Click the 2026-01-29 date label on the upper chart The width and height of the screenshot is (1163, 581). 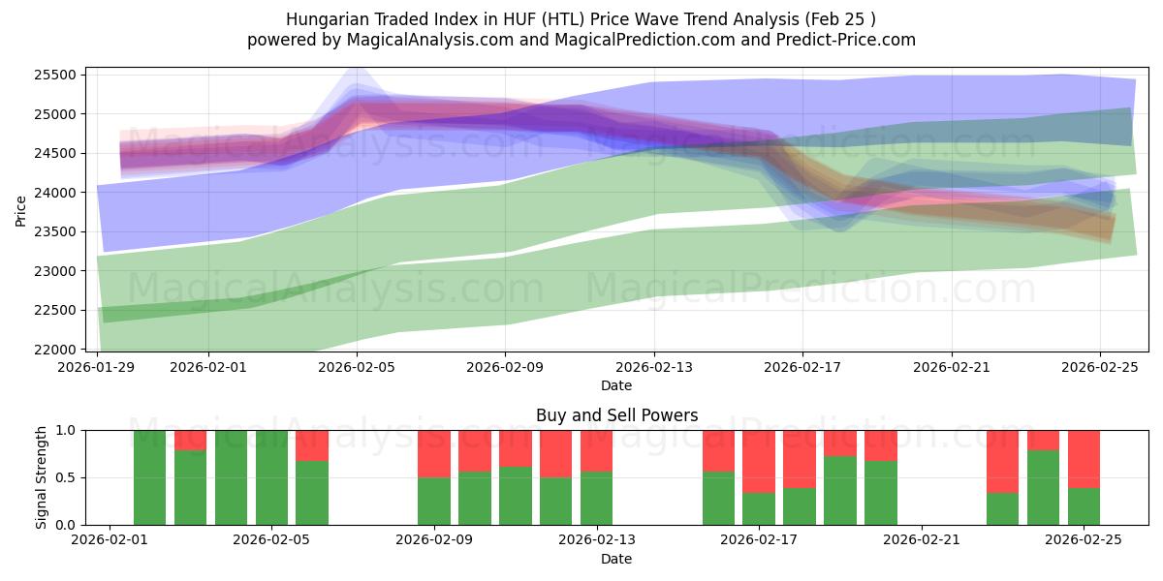(x=98, y=367)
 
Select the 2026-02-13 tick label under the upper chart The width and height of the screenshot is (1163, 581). (x=654, y=367)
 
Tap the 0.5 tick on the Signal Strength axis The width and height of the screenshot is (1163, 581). (x=66, y=477)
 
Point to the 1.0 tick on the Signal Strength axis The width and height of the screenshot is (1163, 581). (x=66, y=430)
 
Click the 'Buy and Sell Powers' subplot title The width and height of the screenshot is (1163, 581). (x=616, y=415)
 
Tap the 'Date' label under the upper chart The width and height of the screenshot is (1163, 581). (x=616, y=385)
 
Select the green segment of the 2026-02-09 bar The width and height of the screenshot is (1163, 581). (x=434, y=501)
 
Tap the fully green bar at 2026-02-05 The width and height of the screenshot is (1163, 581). (x=271, y=477)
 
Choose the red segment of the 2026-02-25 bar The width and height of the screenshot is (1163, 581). (x=1084, y=458)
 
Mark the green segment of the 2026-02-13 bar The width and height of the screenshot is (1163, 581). (x=596, y=498)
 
